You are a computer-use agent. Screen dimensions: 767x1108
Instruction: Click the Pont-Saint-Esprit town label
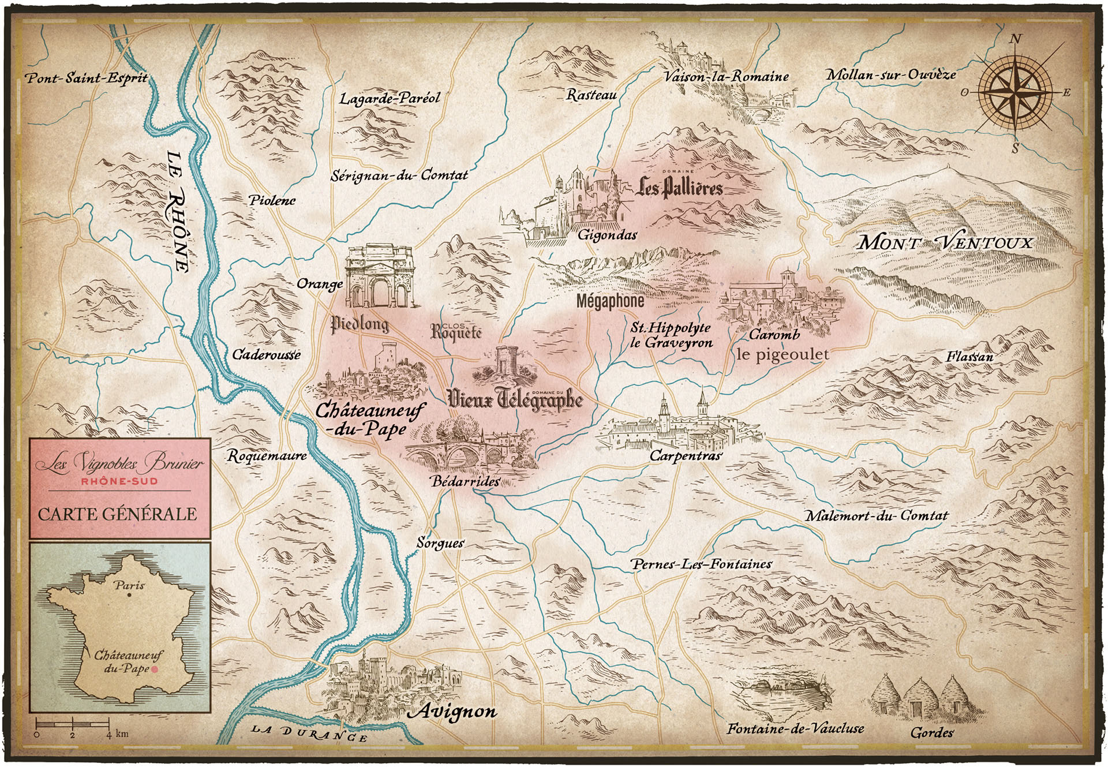[87, 77]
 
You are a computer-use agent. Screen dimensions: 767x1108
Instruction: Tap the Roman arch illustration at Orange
[379, 276]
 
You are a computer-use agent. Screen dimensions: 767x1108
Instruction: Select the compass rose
[1016, 92]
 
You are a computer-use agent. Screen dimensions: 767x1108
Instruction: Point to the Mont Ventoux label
[945, 242]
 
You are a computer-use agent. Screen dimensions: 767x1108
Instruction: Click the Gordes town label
[931, 732]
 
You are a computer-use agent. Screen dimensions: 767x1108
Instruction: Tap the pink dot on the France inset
[154, 669]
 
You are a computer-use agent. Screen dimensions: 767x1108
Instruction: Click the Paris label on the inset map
[129, 585]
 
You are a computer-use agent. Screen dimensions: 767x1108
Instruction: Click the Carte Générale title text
[118, 514]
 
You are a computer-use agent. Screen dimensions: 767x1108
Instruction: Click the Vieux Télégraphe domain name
[515, 399]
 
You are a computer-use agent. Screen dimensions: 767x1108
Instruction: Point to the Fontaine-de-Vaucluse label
[795, 728]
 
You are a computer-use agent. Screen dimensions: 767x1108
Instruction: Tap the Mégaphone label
[610, 301]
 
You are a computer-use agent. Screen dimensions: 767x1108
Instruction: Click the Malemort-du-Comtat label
[876, 515]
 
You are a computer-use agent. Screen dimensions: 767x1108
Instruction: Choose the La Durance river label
[309, 733]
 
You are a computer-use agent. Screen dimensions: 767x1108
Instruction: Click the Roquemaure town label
[267, 456]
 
